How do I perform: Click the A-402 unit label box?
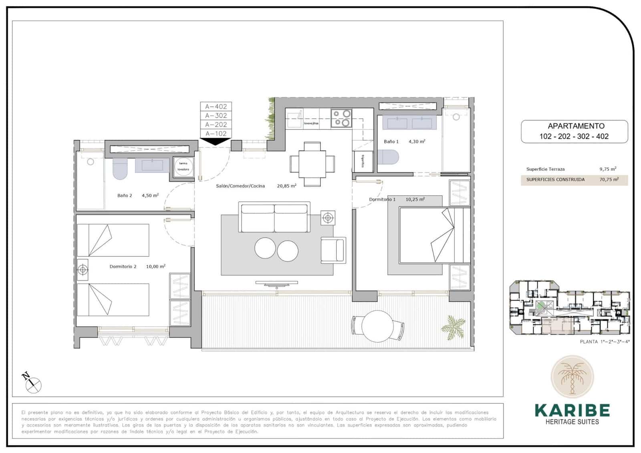[x=216, y=107]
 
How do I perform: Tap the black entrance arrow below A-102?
[x=216, y=141]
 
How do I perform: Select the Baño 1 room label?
[x=391, y=142]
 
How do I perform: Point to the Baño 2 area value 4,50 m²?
[x=150, y=196]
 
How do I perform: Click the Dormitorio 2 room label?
[x=123, y=267]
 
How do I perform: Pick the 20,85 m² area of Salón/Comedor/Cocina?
[x=286, y=186]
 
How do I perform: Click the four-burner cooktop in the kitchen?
[x=341, y=118]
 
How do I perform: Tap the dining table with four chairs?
[x=312, y=164]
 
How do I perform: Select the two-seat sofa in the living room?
[x=274, y=217]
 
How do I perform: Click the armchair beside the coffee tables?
[x=333, y=250]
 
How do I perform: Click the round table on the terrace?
[x=377, y=326]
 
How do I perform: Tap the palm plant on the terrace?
[x=454, y=327]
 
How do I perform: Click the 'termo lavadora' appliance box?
[x=183, y=166]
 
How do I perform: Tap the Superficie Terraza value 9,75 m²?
[x=607, y=169]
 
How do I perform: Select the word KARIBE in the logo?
[x=572, y=410]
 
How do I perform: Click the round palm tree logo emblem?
[x=572, y=377]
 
